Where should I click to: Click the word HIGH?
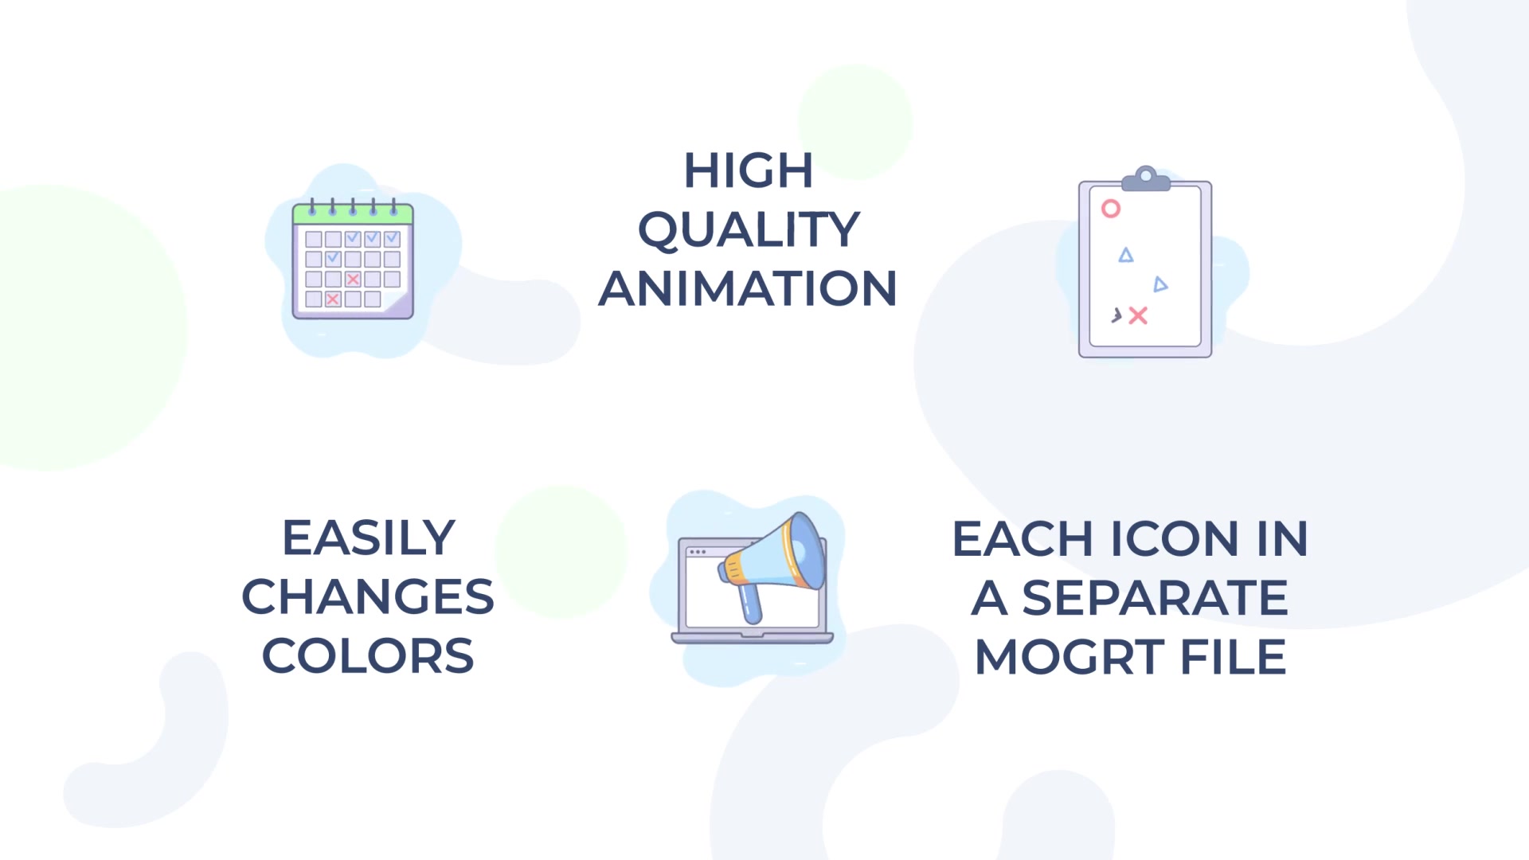click(748, 170)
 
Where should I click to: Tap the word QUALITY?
click(749, 229)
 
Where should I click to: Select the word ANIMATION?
click(748, 288)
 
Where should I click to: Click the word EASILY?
click(369, 538)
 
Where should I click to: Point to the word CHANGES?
click(368, 597)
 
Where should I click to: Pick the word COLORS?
click(368, 656)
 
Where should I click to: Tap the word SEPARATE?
click(1155, 598)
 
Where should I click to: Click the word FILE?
click(1234, 657)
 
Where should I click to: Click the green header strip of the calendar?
click(353, 213)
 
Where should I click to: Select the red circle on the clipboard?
click(1111, 209)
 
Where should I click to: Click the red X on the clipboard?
click(1138, 316)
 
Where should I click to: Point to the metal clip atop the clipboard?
click(1146, 179)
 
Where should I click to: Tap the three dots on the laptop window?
click(698, 552)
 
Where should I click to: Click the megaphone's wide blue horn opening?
click(806, 550)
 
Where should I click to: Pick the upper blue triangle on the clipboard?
click(1126, 255)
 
